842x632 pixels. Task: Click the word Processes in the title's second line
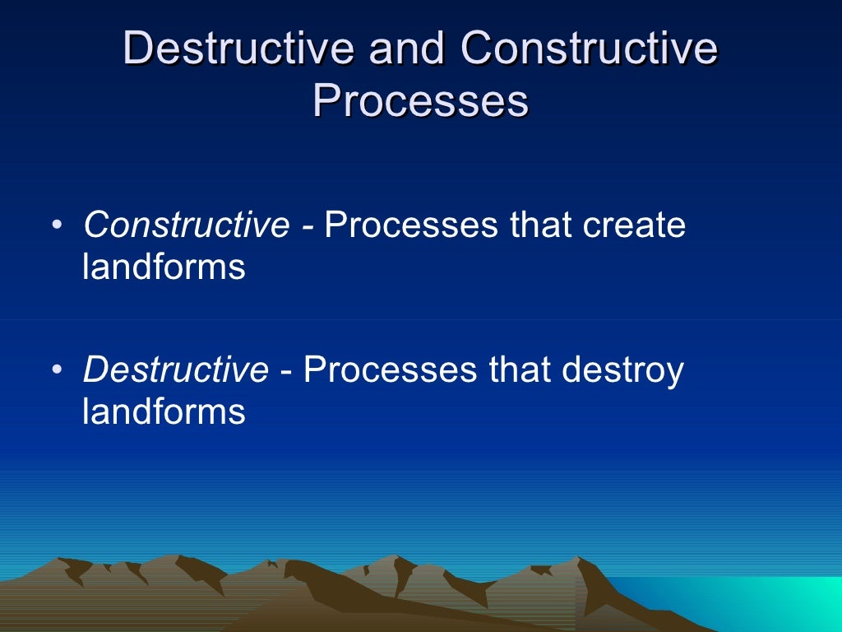[420, 102]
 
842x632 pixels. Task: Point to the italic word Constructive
[186, 225]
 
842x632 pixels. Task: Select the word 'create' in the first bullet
[634, 225]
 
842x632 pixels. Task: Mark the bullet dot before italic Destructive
[55, 371]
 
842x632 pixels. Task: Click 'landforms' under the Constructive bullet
[164, 267]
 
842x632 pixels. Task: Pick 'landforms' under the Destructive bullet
[164, 411]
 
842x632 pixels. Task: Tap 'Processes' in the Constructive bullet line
[411, 225]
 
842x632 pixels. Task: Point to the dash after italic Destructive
[285, 372]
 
